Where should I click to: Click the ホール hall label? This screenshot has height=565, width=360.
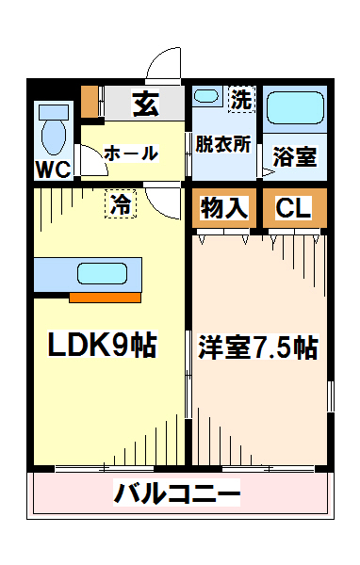tap(129, 153)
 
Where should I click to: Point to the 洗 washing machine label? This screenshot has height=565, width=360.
tap(241, 97)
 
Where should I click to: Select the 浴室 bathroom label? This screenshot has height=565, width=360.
tap(294, 156)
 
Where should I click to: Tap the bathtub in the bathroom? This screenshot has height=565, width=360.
tap(294, 110)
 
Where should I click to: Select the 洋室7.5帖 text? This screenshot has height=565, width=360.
tap(257, 347)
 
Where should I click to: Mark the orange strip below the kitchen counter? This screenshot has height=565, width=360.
tap(106, 298)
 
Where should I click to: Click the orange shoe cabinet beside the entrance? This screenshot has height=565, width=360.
tap(90, 100)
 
